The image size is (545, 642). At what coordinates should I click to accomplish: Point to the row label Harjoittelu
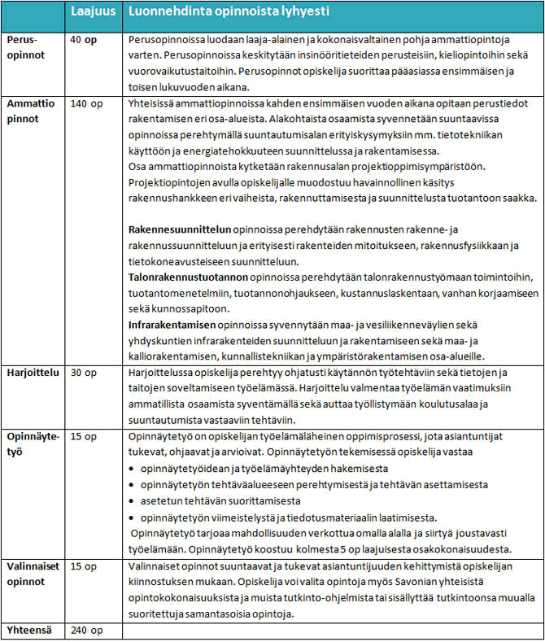pos(33,372)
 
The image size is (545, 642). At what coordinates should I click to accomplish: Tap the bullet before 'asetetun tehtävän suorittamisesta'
pos(134,500)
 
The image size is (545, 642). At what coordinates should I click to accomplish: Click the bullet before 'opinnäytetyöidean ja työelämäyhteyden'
pos(134,470)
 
